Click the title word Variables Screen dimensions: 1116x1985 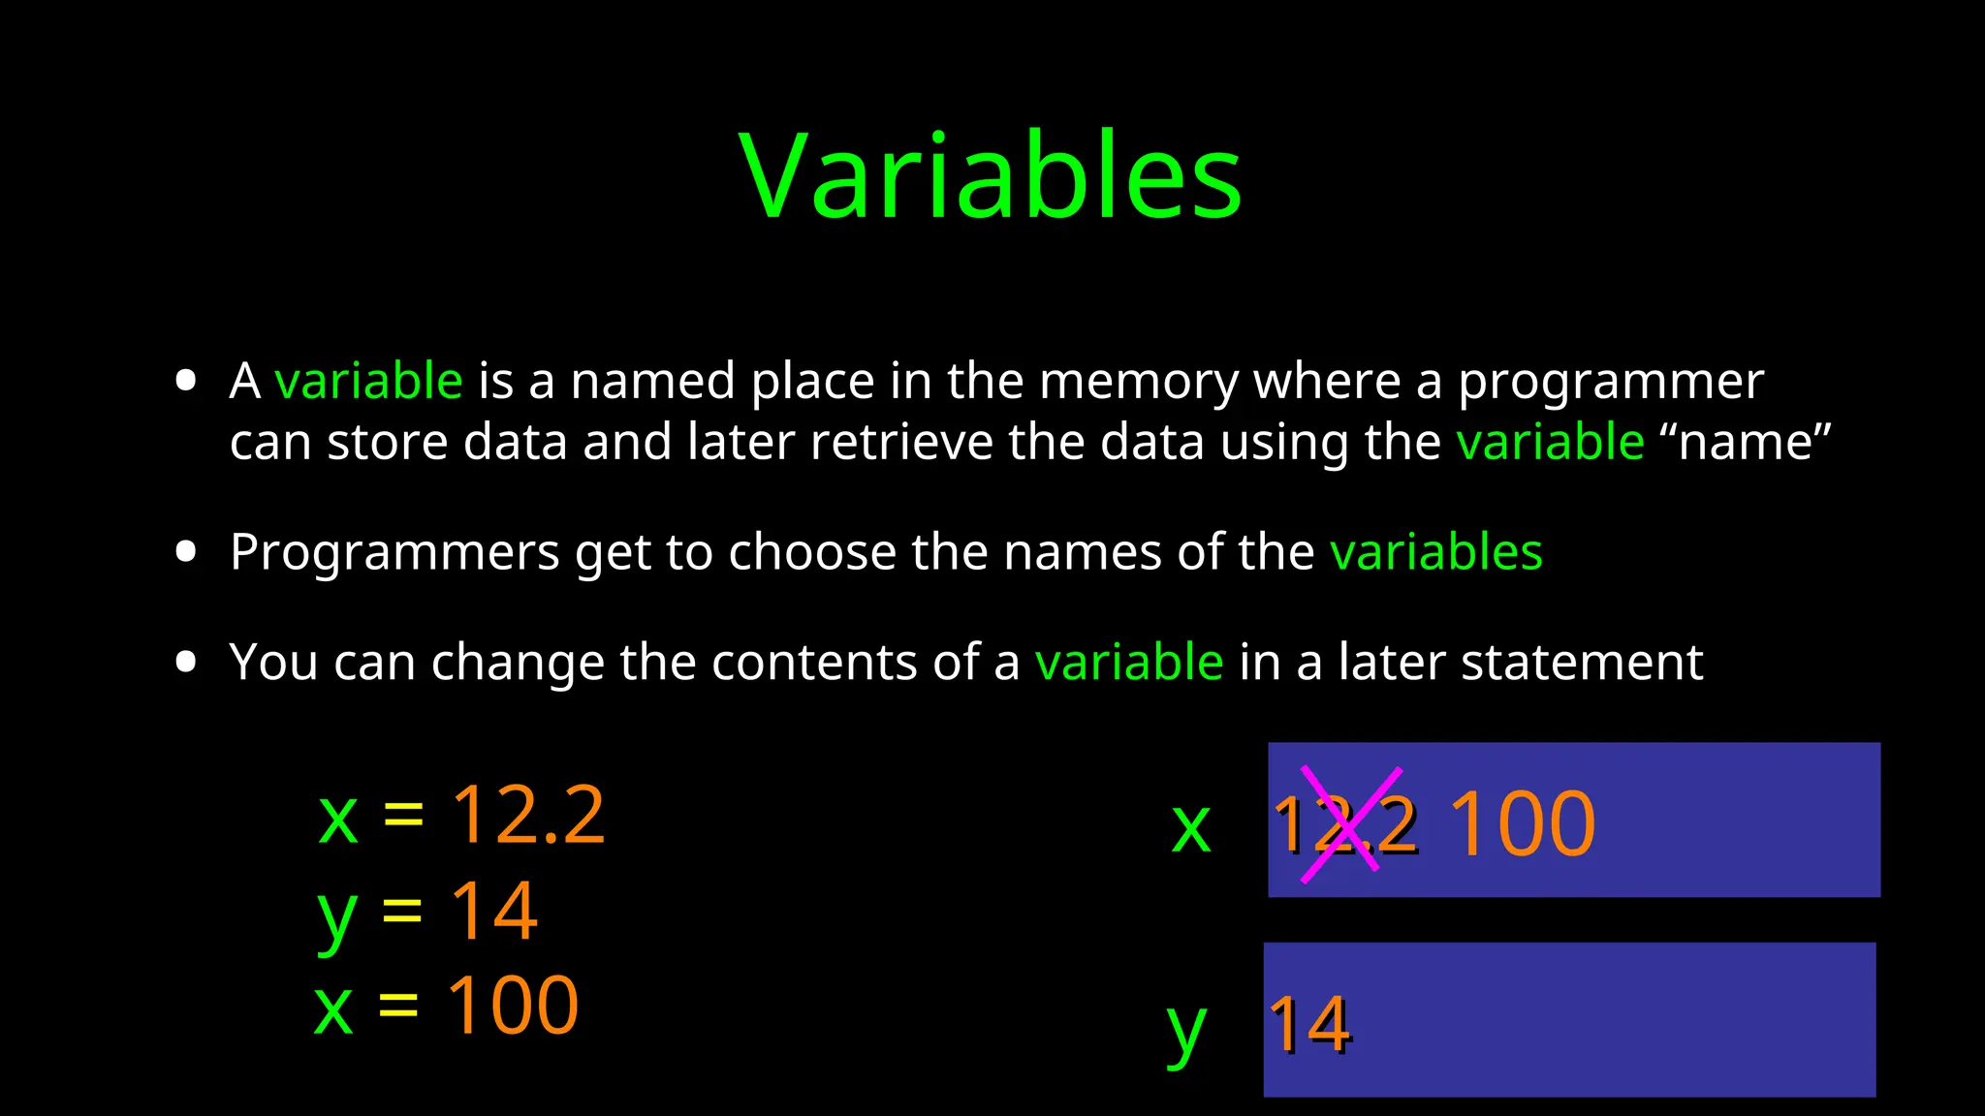[990, 176]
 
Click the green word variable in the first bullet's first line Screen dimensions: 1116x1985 [368, 381]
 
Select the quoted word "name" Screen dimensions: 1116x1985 [1745, 442]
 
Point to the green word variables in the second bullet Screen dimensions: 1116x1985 [1435, 552]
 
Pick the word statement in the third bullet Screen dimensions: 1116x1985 [1581, 663]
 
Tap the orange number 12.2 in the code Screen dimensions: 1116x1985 [528, 816]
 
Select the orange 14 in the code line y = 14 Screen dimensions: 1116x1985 [493, 911]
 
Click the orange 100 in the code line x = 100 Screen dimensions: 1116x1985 [512, 1006]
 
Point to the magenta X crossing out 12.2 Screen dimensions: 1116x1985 [1350, 824]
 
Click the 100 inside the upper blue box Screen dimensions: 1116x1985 [1522, 824]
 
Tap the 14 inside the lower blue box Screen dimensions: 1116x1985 [1309, 1025]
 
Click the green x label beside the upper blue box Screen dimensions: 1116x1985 [1191, 828]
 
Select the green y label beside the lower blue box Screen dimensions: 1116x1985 [1186, 1032]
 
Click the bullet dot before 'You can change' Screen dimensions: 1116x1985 [186, 663]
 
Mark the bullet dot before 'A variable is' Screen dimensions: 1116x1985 [186, 381]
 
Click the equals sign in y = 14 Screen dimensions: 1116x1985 [402, 912]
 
